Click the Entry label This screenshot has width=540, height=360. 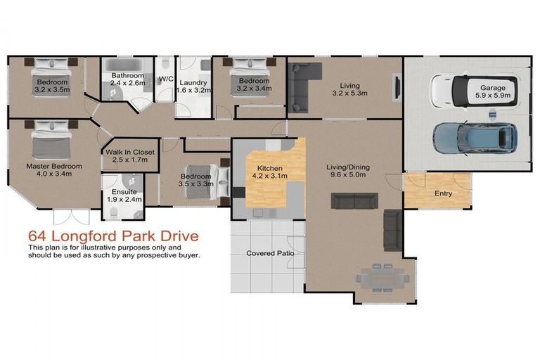pyautogui.click(x=443, y=193)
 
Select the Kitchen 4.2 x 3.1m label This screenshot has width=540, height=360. pyautogui.click(x=269, y=173)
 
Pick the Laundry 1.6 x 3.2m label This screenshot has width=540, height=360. pyautogui.click(x=192, y=86)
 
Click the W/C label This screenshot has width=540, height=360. pyautogui.click(x=166, y=79)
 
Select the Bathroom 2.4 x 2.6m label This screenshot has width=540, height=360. pyautogui.click(x=127, y=79)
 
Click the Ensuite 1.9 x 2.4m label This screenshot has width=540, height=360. pyautogui.click(x=123, y=195)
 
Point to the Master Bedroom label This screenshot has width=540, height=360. pyautogui.click(x=54, y=170)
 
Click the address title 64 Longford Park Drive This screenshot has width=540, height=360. pyautogui.click(x=112, y=236)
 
